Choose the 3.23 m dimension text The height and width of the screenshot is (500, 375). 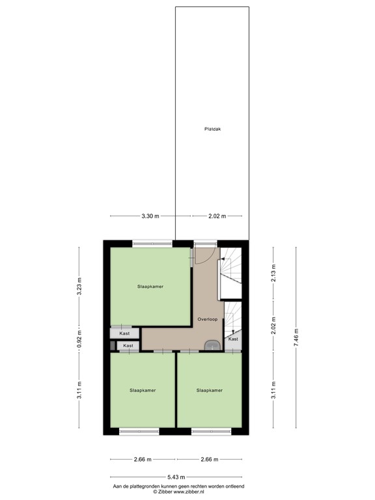[79, 287]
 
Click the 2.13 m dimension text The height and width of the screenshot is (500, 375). [273, 271]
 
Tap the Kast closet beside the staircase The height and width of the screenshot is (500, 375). [233, 339]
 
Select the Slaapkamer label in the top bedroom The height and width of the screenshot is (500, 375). [150, 286]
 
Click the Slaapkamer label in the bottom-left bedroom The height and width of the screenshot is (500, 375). [143, 391]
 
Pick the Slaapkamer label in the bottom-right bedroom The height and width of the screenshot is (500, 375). [210, 391]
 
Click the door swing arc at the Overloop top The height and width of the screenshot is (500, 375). [202, 256]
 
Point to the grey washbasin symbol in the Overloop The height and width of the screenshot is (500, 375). [212, 346]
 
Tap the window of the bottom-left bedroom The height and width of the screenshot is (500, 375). [139, 431]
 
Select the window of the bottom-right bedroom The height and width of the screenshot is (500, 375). [212, 431]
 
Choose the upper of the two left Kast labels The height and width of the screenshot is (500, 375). [124, 333]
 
